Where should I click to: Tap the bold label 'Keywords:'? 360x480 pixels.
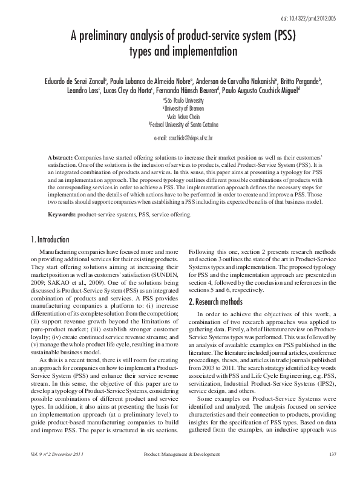click(62, 215)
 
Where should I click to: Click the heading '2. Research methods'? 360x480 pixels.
click(220, 284)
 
